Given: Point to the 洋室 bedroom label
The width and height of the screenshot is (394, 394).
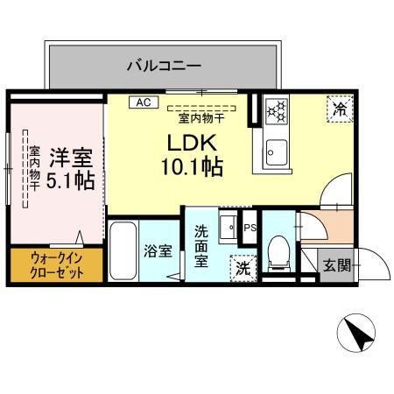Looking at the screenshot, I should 70,159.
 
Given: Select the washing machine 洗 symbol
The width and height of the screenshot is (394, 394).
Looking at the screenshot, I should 241,268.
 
